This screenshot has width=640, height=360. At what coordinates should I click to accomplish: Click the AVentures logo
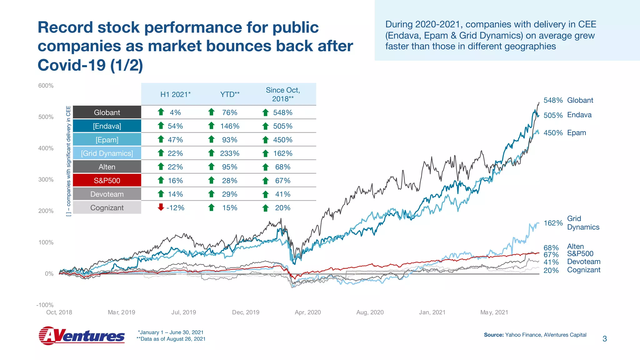point(82,336)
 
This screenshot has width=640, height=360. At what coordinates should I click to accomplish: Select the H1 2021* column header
point(175,94)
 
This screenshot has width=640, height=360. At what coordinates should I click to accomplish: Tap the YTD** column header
point(230,94)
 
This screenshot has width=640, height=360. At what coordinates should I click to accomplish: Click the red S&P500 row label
point(107,181)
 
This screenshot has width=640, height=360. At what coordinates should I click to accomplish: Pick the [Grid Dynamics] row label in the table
point(107,153)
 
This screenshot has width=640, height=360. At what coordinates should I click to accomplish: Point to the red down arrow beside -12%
point(161,207)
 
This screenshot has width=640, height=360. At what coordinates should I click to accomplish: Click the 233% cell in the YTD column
point(230,153)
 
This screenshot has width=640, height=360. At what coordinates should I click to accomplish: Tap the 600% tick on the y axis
point(46,86)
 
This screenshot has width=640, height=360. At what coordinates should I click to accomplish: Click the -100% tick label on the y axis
point(45,305)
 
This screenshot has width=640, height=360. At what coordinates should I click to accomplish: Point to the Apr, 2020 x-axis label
point(308,312)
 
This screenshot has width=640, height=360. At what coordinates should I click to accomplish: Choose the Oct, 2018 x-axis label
point(59,312)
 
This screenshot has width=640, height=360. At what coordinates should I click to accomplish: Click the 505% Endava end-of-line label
point(553,115)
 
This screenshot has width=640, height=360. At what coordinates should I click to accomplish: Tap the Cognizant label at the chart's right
point(583,270)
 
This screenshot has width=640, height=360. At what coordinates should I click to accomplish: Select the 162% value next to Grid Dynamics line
point(553,223)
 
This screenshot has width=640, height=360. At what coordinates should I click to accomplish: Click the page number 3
point(604,339)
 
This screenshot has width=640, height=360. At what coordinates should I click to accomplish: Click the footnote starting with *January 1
point(171,332)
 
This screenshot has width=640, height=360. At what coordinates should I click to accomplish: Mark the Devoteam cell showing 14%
point(175,194)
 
